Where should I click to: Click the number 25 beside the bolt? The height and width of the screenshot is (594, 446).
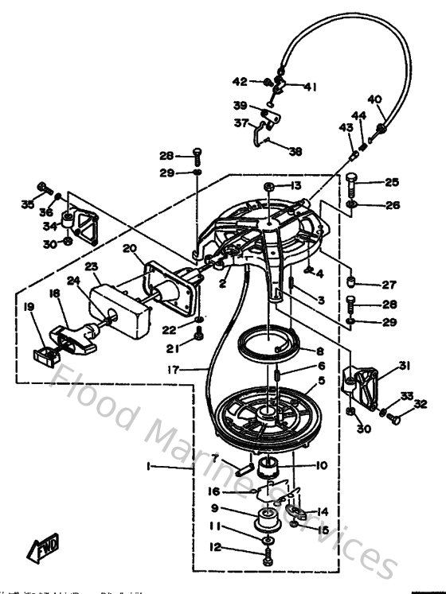392,182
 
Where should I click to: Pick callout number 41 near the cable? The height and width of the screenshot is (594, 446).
310,87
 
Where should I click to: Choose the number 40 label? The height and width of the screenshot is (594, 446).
374,99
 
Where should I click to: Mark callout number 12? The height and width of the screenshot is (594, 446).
215,547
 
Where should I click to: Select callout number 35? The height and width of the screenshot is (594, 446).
28,204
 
